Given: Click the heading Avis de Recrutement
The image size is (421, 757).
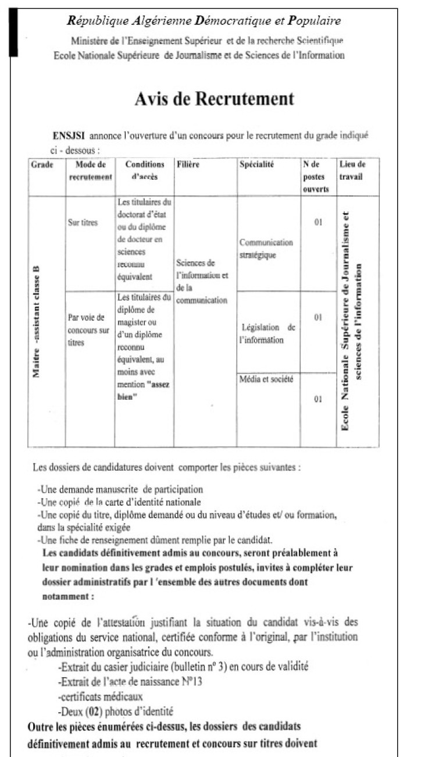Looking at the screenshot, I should click(x=214, y=99).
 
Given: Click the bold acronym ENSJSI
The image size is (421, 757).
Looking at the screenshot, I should click(x=69, y=136).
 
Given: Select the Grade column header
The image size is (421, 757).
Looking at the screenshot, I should click(x=41, y=165).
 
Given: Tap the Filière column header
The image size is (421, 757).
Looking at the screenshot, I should click(x=188, y=165).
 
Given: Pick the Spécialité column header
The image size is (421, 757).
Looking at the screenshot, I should click(x=256, y=165).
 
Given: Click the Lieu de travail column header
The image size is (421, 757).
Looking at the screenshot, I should click(x=352, y=170).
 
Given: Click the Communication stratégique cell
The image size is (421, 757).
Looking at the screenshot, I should click(x=266, y=248).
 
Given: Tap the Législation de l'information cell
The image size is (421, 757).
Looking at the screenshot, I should click(x=267, y=334).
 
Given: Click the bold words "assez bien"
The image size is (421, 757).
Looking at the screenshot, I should click(x=142, y=390).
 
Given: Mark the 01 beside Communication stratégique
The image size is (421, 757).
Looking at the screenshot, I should click(x=318, y=223).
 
